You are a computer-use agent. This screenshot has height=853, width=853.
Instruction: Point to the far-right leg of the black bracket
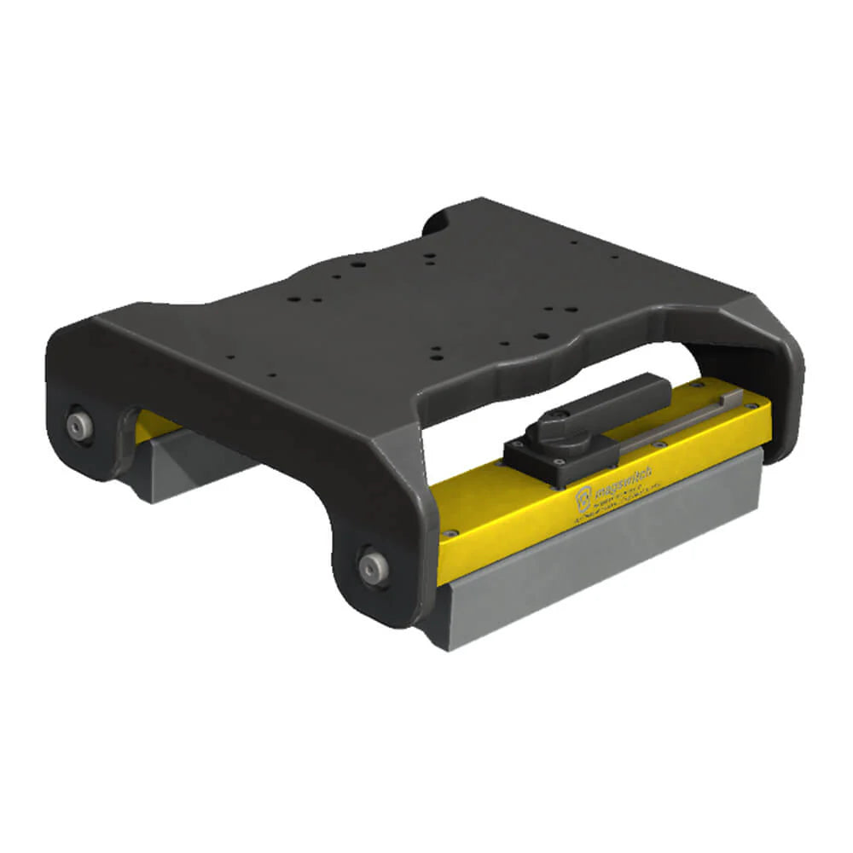click(780, 375)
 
